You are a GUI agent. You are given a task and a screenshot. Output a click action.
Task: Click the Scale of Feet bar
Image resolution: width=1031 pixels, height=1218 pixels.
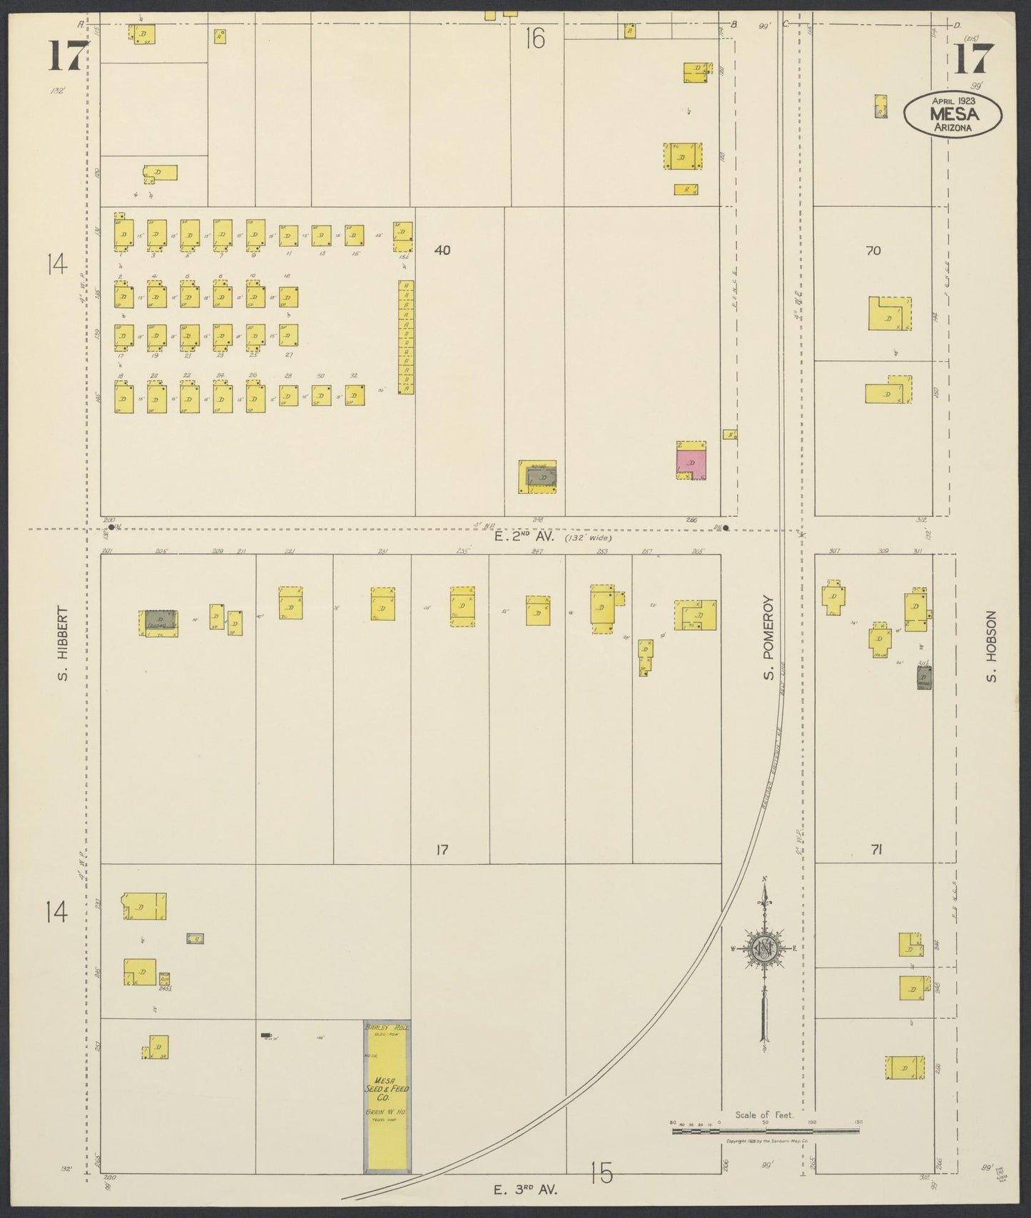click(x=766, y=1130)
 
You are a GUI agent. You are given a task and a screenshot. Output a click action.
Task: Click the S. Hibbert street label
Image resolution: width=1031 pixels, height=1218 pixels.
click(x=63, y=644)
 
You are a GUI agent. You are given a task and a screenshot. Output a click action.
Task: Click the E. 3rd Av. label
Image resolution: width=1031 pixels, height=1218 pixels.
click(x=525, y=1189)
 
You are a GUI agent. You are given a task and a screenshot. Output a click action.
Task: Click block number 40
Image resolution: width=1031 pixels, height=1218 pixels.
click(x=442, y=250)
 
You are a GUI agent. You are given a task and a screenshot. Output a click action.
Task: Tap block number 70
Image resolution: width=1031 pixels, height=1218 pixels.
click(x=873, y=250)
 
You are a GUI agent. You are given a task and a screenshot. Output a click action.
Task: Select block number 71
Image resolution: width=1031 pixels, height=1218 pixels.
click(x=877, y=849)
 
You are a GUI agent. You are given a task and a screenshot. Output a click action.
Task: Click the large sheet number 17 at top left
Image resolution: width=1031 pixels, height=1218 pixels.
click(x=68, y=56)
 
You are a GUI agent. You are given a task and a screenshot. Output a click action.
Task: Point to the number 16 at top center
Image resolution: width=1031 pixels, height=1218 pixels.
click(x=535, y=38)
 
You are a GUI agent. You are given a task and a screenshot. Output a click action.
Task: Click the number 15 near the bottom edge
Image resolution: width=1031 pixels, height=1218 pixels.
click(x=601, y=1173)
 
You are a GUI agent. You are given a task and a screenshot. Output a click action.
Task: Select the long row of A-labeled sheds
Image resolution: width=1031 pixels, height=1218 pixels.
click(x=406, y=338)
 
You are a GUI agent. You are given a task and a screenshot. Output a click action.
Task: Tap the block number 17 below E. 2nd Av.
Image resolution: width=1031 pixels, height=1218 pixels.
click(x=442, y=850)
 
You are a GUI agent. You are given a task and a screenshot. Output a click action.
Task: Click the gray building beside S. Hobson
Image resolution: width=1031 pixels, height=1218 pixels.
click(x=924, y=677)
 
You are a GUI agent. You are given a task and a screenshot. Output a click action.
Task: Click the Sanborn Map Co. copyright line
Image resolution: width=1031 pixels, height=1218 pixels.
click(x=766, y=1142)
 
